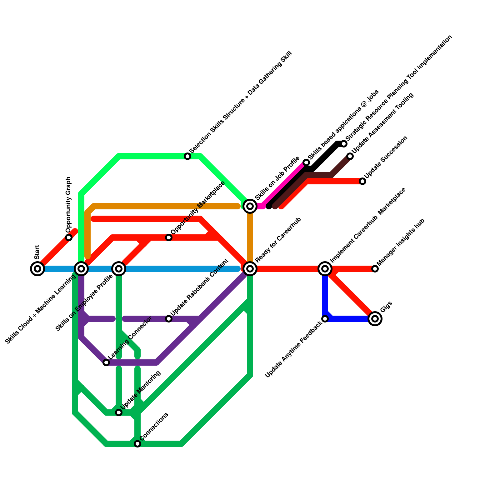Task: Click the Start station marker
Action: click(x=37, y=268)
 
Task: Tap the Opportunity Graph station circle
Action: click(x=69, y=237)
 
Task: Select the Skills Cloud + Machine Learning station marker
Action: click(x=81, y=268)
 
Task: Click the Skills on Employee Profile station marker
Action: click(x=119, y=268)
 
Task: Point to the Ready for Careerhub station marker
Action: click(x=250, y=268)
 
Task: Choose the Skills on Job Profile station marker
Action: click(x=250, y=206)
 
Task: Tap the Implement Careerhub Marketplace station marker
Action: click(x=325, y=268)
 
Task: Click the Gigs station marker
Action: click(x=375, y=319)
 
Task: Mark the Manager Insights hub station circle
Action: click(x=375, y=269)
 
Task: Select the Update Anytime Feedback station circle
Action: click(x=325, y=319)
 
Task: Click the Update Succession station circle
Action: click(x=362, y=181)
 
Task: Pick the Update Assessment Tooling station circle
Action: click(x=350, y=156)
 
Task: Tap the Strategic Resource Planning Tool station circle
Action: click(x=344, y=144)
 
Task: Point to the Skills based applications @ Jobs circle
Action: click(x=306, y=162)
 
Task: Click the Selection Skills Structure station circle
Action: click(x=187, y=156)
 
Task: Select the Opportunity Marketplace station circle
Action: click(x=169, y=237)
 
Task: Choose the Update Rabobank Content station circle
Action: click(x=169, y=319)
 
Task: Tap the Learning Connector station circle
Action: click(x=106, y=362)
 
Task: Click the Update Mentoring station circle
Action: click(x=119, y=412)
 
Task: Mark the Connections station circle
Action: click(x=137, y=444)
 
